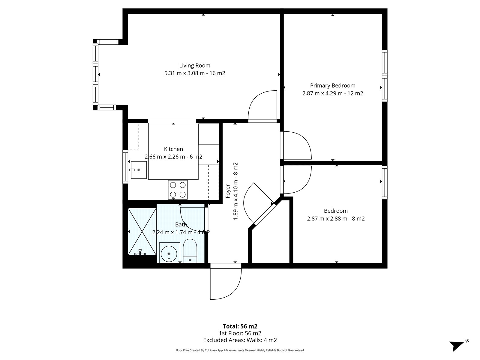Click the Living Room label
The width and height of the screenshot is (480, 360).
click(195, 66)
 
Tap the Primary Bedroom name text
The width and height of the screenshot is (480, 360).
click(333, 86)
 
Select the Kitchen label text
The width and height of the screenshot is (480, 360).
click(173, 149)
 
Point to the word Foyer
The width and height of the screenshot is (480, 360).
click(228, 191)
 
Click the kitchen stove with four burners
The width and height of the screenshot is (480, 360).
click(178, 190)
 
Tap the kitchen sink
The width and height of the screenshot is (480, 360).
click(139, 170)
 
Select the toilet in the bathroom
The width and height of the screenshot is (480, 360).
click(190, 251)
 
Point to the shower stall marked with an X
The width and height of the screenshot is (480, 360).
click(142, 232)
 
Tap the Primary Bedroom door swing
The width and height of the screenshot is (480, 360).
click(296, 145)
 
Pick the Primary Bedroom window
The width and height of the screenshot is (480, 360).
click(385, 76)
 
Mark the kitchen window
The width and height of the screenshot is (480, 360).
click(125, 167)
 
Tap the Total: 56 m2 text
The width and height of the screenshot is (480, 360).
click(240, 326)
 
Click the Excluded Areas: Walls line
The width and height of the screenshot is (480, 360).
click(240, 340)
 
